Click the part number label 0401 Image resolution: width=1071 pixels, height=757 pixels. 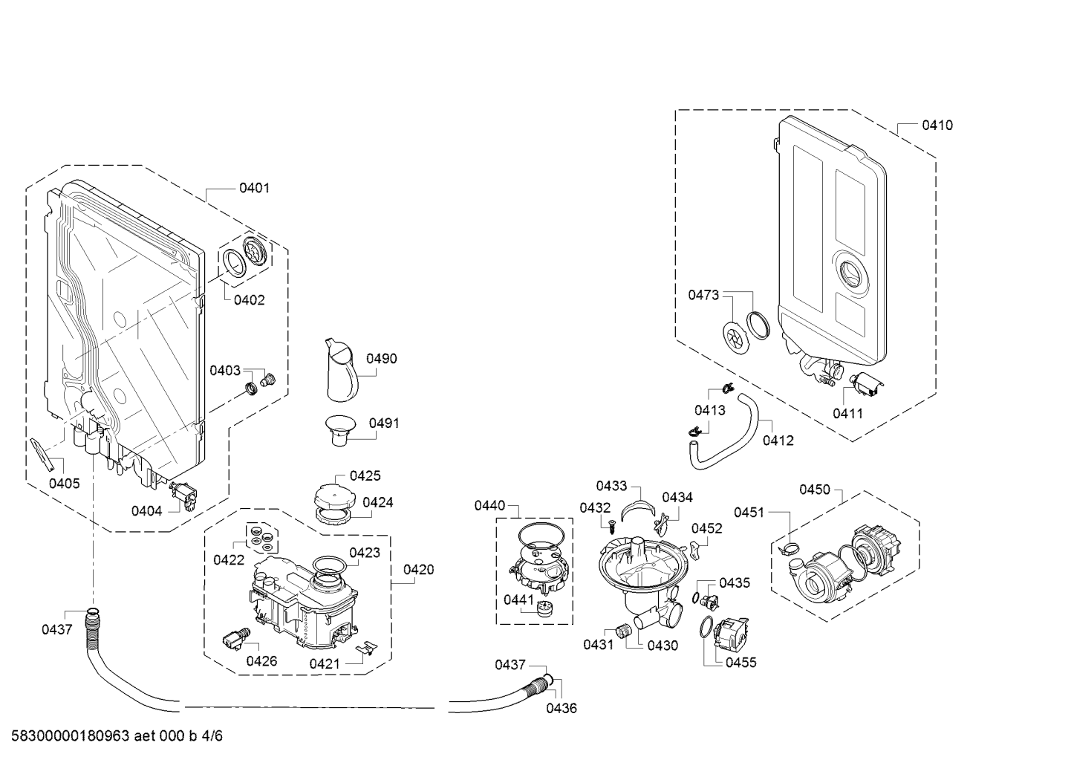(x=254, y=188)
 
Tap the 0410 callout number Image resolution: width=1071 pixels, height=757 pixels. (x=937, y=126)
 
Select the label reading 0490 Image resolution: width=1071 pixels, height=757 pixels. (x=382, y=359)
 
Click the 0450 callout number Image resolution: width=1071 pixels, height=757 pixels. (x=816, y=490)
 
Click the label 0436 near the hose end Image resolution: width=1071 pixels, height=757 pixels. (x=561, y=708)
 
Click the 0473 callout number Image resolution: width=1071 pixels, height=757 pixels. (x=703, y=295)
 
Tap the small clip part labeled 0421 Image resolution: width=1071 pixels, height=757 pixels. (x=367, y=648)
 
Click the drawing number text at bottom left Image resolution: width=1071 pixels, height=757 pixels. (x=117, y=735)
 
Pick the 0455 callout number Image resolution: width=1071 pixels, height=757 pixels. (x=741, y=663)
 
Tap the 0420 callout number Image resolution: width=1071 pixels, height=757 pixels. (x=419, y=570)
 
